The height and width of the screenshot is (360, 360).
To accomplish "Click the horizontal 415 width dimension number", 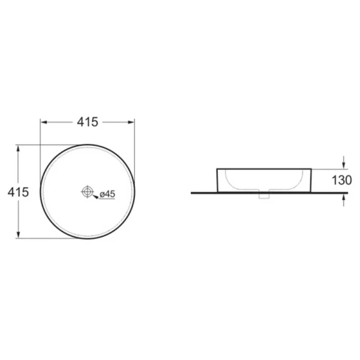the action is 88,122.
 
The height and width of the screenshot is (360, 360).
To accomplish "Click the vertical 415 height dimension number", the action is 18,192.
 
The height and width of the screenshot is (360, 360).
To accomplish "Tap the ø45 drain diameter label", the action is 107,194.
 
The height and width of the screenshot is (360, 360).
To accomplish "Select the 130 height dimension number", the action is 341,180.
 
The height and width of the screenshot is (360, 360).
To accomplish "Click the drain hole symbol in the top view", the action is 88,191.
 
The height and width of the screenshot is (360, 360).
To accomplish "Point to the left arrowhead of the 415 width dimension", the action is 44,122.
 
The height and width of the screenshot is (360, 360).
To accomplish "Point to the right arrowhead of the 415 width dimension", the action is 131,122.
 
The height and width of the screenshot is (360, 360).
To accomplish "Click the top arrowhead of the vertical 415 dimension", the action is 19,149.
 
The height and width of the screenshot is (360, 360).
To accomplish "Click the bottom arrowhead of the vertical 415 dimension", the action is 19,235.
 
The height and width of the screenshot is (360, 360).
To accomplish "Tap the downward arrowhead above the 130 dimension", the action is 343,166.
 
